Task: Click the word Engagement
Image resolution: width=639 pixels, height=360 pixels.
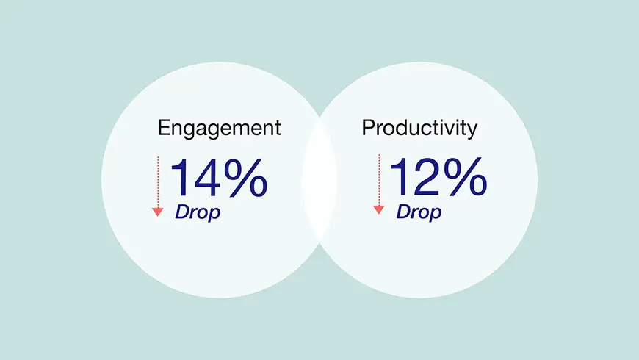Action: point(220,129)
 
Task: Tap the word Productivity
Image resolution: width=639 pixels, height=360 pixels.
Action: point(419,129)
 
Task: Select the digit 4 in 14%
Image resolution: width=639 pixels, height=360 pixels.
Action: point(207,178)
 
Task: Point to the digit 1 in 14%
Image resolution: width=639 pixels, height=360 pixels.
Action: point(180,178)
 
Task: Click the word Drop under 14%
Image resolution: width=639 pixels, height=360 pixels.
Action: point(198,213)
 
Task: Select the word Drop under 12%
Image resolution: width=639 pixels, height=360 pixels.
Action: point(419,213)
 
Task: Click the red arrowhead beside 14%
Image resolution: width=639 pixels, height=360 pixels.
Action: point(158,212)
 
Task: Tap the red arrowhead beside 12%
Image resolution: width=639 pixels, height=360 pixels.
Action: point(378,209)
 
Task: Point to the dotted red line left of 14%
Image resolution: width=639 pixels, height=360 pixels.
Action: point(158,181)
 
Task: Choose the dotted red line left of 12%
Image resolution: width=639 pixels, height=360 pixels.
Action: point(378,180)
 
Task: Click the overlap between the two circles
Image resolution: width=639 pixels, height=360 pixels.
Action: point(319,179)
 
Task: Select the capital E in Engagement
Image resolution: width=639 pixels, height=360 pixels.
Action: point(164,128)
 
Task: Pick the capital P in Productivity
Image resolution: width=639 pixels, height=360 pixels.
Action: point(368,128)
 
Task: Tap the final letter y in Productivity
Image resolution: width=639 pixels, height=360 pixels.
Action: point(472,132)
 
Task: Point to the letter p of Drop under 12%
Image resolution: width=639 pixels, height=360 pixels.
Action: point(434,215)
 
